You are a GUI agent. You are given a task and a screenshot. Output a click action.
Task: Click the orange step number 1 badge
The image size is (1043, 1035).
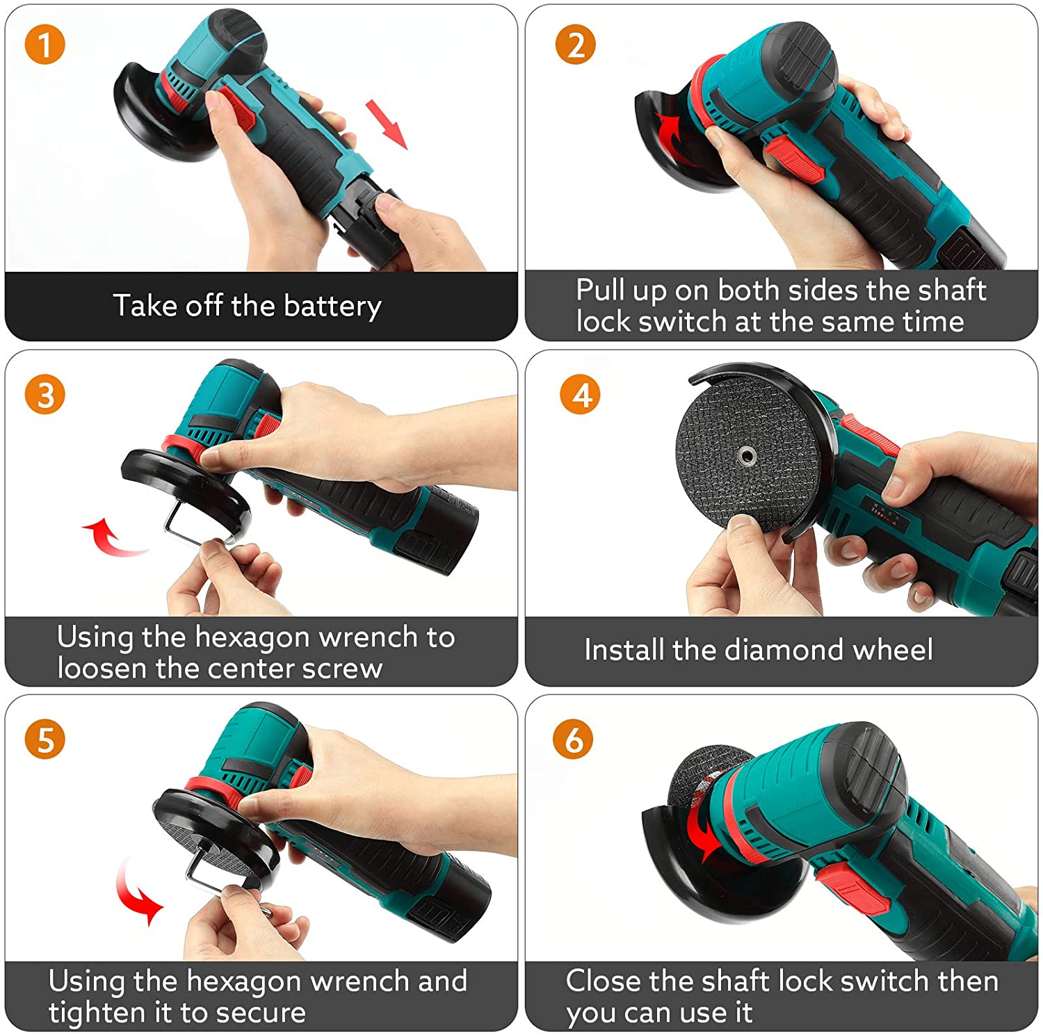tap(45, 44)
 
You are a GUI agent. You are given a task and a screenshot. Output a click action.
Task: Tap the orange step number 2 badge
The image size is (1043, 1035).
tap(576, 44)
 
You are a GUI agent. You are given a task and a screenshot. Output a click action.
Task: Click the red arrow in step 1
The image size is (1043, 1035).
tap(387, 124)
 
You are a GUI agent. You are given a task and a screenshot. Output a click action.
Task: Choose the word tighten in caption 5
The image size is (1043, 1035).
tap(96, 1013)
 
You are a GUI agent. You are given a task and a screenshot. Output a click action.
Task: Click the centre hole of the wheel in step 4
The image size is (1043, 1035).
tap(748, 457)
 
